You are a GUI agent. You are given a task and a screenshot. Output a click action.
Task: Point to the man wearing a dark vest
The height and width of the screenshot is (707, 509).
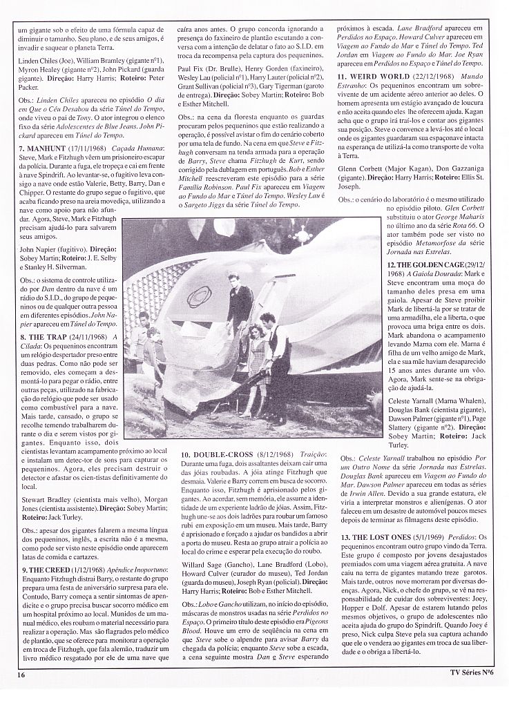point(275,352)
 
